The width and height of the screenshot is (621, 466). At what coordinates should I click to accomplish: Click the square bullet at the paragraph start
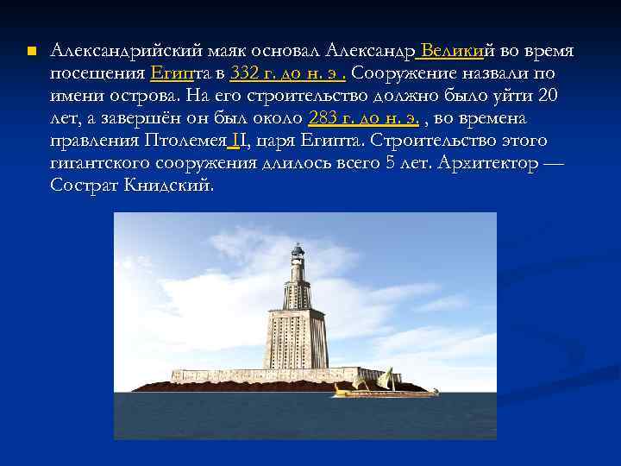pyautogui.click(x=31, y=53)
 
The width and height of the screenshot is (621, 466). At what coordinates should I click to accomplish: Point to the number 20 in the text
pyautogui.click(x=559, y=96)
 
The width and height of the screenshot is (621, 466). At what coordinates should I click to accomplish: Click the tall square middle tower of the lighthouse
pyautogui.click(x=294, y=337)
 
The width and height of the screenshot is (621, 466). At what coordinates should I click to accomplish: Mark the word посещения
pyautogui.click(x=97, y=73)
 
